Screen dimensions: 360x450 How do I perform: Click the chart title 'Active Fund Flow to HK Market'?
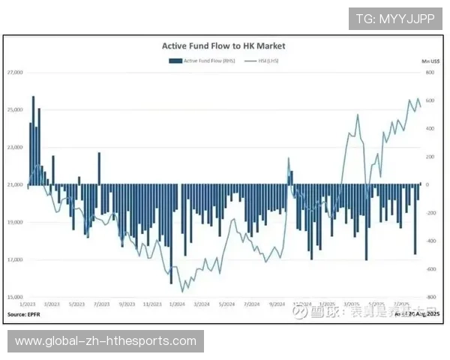click(x=223, y=46)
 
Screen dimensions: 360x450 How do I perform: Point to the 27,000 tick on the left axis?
click(x=15, y=72)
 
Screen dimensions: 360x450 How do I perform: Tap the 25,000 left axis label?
click(x=15, y=109)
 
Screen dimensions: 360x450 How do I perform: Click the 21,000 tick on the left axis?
click(x=15, y=184)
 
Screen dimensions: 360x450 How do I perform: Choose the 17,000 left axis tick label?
click(x=15, y=259)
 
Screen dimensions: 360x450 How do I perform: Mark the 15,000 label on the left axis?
click(x=15, y=297)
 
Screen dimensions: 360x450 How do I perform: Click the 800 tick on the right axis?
click(x=430, y=72)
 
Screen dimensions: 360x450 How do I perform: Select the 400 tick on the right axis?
click(x=430, y=128)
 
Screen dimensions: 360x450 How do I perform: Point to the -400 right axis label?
click(x=430, y=241)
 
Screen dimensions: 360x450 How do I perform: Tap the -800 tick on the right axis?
click(x=430, y=297)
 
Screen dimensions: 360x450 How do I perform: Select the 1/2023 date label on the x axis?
click(x=28, y=304)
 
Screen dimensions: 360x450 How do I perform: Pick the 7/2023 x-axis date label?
click(x=101, y=304)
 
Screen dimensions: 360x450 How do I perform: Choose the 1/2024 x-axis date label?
click(x=178, y=304)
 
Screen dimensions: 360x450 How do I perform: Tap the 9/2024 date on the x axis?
click(x=275, y=304)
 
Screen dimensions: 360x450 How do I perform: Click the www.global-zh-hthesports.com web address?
click(x=106, y=341)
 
